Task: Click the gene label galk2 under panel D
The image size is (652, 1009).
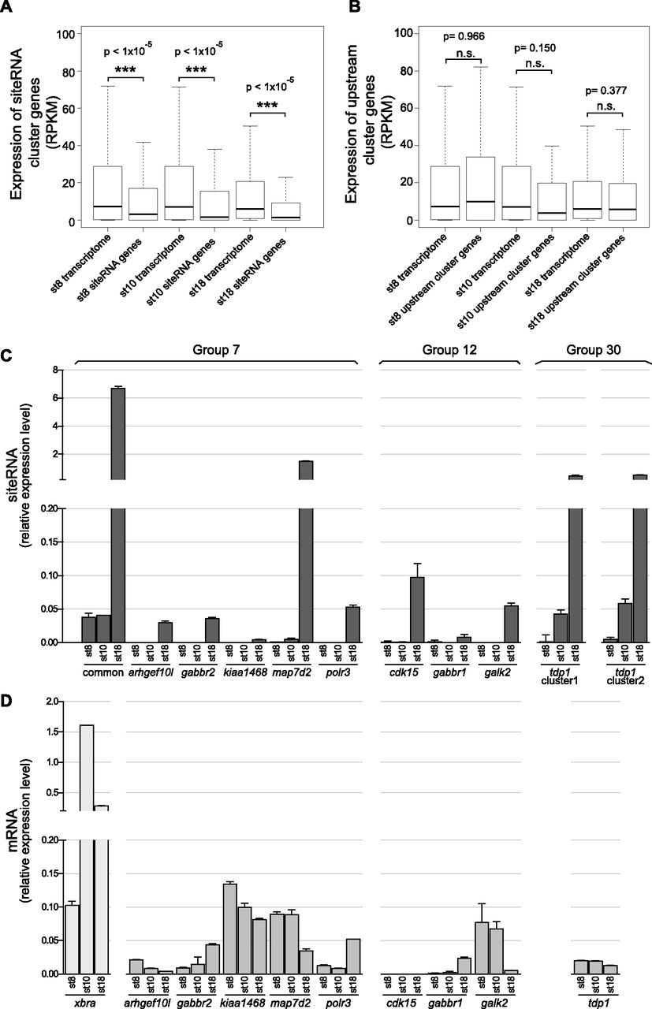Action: tap(494, 1003)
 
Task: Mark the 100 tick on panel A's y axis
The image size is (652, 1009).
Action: tap(54, 35)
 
